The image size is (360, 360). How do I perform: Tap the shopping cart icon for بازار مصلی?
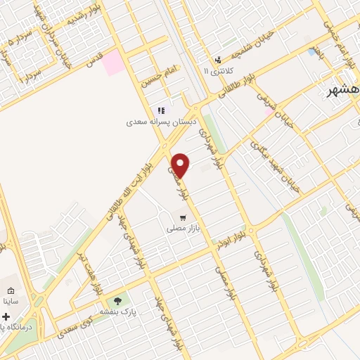184,218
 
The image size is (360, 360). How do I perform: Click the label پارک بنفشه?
117,311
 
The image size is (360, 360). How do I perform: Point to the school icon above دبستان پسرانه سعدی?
161,110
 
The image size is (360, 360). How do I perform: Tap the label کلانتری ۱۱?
216,71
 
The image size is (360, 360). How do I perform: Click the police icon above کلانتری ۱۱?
219,60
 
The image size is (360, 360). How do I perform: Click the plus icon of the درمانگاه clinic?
7,317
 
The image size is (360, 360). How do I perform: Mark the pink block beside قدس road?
112,63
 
